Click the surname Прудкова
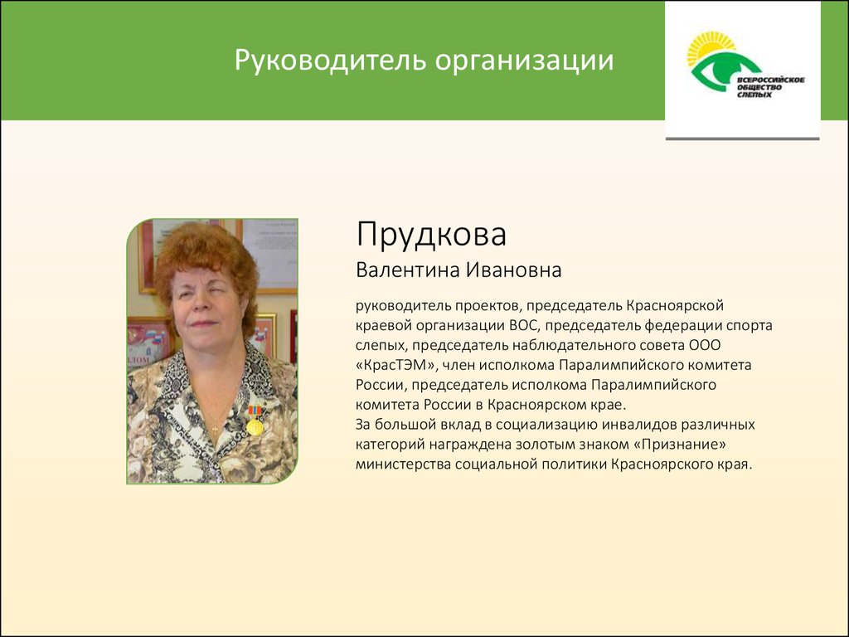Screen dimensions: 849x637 click(x=431, y=235)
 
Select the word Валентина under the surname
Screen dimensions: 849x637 click(x=409, y=270)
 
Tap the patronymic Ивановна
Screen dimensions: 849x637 click(x=514, y=270)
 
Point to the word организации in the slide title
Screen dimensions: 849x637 click(x=525, y=61)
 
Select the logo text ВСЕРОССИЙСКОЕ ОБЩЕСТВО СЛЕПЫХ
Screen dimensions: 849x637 click(x=770, y=87)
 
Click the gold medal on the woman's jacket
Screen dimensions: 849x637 click(x=255, y=427)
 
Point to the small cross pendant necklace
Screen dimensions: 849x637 click(x=215, y=430)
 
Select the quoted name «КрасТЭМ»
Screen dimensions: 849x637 click(x=396, y=365)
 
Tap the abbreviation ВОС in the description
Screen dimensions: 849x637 click(x=522, y=325)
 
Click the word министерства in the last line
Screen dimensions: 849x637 click(x=403, y=464)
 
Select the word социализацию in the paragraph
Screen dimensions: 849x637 click(x=546, y=425)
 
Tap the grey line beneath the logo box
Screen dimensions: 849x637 click(x=742, y=139)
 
